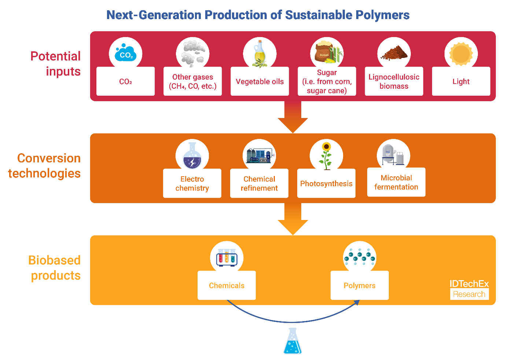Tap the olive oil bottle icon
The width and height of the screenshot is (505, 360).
[260, 54]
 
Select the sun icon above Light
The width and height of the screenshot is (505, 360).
[461, 54]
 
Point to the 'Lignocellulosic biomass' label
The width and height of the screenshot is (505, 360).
[394, 81]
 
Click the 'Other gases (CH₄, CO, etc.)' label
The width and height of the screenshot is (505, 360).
[193, 81]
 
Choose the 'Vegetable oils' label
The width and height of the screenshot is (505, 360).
[260, 81]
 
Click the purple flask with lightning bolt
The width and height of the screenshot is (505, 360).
[192, 156]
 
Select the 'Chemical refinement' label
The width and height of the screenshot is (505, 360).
[259, 183]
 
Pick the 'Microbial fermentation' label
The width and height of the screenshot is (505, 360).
[396, 182]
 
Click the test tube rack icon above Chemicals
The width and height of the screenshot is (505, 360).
[226, 258]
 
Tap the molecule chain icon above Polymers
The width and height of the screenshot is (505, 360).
[360, 258]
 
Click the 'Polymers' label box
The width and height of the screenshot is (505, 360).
[360, 285]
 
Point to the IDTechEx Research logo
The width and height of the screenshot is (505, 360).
[469, 289]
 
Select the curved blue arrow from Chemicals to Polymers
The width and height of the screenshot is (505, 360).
[293, 322]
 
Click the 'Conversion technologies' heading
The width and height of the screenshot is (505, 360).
[45, 166]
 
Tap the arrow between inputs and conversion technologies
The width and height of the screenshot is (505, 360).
[293, 117]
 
